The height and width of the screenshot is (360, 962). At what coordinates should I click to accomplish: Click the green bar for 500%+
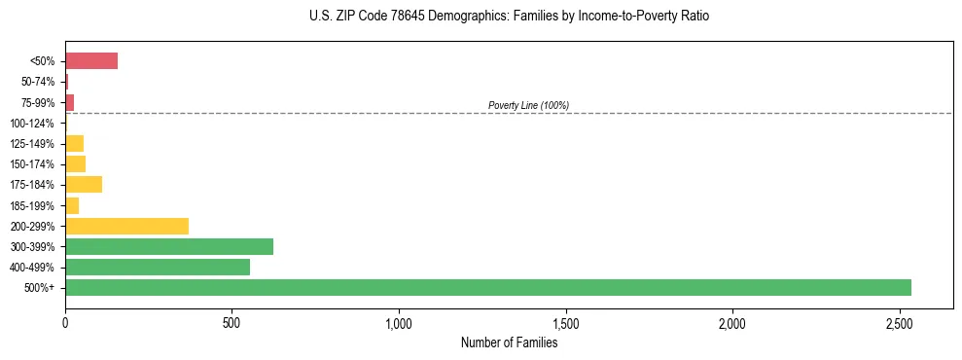click(487, 287)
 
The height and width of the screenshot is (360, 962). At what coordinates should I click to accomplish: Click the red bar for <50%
click(91, 61)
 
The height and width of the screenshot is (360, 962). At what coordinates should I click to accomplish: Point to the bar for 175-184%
click(84, 184)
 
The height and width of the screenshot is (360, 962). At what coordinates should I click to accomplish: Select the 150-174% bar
click(76, 163)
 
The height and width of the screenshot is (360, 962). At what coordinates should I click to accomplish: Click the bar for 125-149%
click(75, 143)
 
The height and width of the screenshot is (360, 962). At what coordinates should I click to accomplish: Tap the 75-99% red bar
click(70, 102)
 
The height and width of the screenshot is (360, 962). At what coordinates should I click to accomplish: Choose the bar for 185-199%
click(72, 205)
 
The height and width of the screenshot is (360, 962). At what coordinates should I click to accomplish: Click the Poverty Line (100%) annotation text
click(528, 105)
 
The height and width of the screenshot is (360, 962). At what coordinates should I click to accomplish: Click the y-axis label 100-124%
click(32, 124)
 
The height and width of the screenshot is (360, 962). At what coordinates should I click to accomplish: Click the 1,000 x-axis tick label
click(399, 322)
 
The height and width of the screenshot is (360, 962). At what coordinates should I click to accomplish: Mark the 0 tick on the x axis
click(65, 322)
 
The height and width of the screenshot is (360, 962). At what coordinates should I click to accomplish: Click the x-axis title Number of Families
click(509, 342)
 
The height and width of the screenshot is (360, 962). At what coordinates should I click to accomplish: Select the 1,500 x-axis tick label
click(565, 322)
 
